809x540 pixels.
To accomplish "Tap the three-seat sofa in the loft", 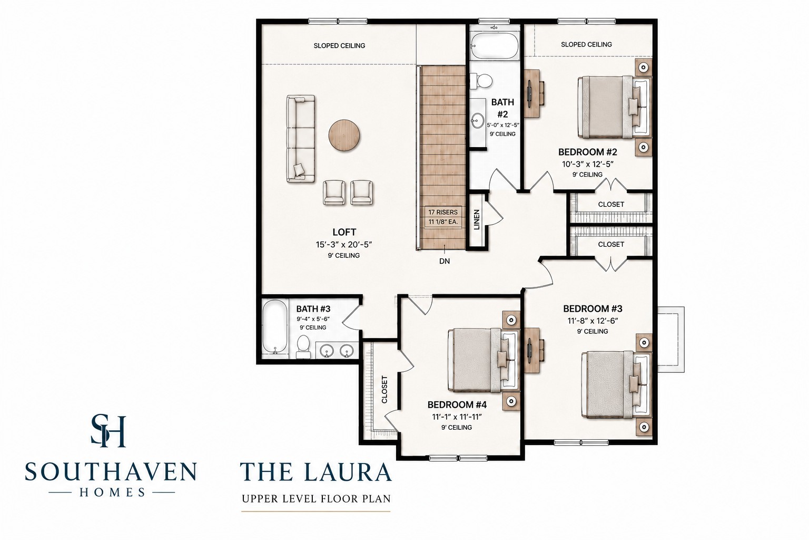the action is click(x=301, y=139).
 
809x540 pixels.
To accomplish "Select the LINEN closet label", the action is click(x=477, y=219).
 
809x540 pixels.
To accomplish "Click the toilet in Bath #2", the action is click(x=481, y=80).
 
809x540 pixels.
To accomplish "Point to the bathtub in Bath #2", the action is click(x=495, y=46).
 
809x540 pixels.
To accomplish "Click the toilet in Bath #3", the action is click(x=303, y=346).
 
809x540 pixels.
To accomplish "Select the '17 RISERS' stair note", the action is click(x=443, y=213).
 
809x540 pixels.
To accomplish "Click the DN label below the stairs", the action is click(x=445, y=261).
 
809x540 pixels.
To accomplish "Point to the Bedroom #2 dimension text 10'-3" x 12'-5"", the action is click(x=588, y=164).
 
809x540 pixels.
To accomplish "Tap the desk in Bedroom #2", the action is click(x=534, y=93).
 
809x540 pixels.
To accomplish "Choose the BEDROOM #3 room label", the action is click(x=593, y=308).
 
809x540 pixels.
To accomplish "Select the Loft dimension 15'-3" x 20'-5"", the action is click(x=344, y=245).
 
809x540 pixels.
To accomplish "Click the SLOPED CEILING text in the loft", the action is click(x=339, y=45).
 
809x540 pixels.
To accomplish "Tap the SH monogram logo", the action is click(x=108, y=431).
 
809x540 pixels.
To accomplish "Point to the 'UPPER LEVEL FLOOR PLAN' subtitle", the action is click(x=316, y=499).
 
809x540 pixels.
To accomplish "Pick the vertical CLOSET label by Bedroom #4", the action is click(x=384, y=389).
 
